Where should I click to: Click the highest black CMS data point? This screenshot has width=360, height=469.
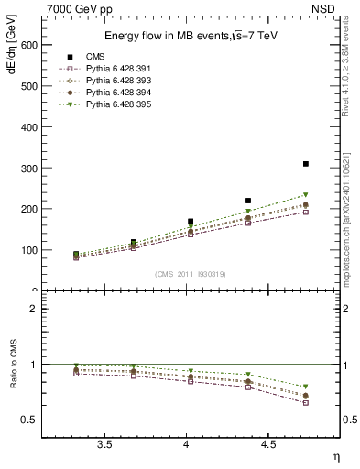(x=306, y=164)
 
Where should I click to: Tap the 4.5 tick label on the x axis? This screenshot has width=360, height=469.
(x=268, y=444)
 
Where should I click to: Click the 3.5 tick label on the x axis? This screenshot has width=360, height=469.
(x=104, y=444)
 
